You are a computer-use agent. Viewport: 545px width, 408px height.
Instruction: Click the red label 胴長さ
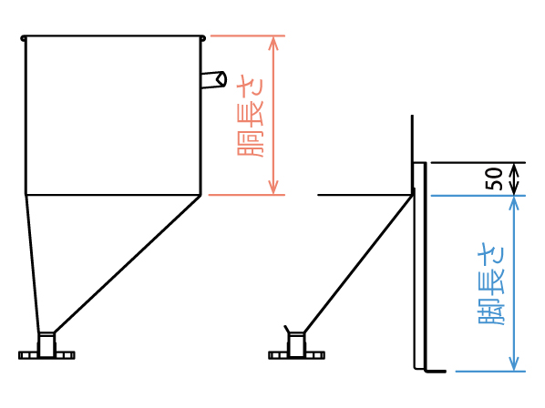(x=251, y=118)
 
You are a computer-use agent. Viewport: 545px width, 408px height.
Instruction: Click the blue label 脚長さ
(x=491, y=285)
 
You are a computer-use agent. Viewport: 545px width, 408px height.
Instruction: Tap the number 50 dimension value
(x=494, y=178)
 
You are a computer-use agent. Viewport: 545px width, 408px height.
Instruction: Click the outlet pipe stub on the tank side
(x=214, y=80)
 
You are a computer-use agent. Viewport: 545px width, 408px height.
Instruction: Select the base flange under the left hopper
(x=46, y=355)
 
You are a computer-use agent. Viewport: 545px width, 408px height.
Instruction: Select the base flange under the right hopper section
(x=296, y=355)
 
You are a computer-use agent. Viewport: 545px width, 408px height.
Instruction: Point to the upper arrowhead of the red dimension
(x=273, y=43)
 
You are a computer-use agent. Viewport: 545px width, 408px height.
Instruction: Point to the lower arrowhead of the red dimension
(x=273, y=188)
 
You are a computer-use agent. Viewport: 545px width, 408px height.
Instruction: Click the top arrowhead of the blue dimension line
(x=514, y=203)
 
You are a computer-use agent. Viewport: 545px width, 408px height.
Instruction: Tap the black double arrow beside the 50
(x=514, y=178)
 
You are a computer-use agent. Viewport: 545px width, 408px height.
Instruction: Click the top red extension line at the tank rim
(x=248, y=36)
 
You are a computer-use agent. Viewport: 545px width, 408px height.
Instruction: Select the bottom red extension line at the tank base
(x=247, y=195)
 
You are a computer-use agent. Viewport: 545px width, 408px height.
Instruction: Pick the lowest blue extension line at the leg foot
(x=490, y=372)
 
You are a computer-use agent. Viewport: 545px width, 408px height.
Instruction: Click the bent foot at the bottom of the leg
(x=435, y=372)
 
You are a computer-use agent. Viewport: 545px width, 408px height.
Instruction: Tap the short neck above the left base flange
(x=46, y=343)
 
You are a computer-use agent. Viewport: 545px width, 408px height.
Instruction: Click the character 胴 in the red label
(x=251, y=145)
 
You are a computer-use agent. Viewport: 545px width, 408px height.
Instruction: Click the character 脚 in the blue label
(x=491, y=312)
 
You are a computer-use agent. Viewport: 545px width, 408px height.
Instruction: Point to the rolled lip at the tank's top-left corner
(x=24, y=38)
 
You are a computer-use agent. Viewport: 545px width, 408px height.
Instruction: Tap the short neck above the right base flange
(x=296, y=343)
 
